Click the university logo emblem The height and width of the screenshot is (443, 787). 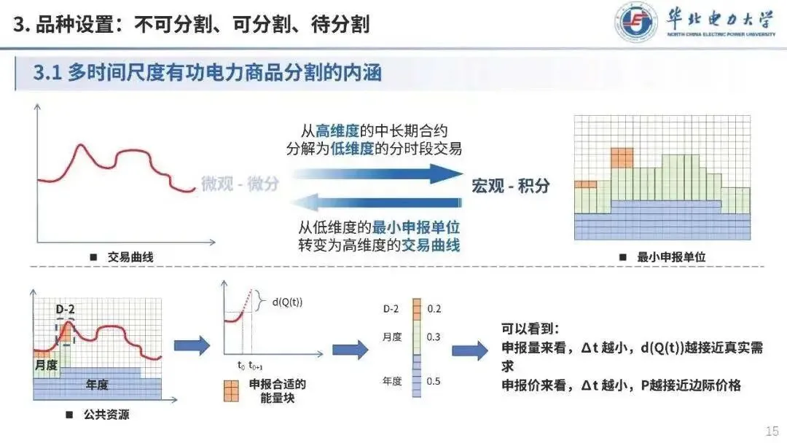point(635,22)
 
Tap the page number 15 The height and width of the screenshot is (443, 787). point(771,431)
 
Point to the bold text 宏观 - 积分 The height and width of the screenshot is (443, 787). point(509,186)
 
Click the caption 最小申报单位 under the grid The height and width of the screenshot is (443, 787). point(670,257)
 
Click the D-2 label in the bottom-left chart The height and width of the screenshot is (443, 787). point(65,309)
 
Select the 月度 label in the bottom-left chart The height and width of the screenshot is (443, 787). point(46,364)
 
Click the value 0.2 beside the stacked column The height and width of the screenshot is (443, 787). point(434,309)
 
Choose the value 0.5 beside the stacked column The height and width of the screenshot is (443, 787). point(434,381)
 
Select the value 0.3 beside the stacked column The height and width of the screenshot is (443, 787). point(434,337)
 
